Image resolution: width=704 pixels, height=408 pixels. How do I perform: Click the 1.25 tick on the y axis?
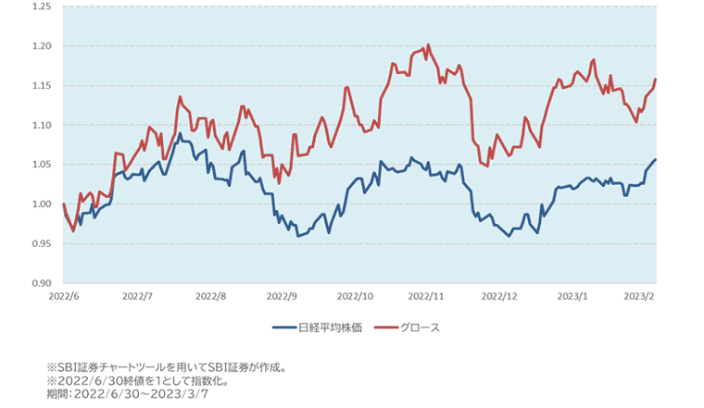41,6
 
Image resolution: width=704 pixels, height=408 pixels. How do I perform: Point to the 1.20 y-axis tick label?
41,46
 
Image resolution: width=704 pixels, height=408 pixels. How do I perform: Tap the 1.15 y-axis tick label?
41,86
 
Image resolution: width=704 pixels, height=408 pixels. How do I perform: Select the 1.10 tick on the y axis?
41,125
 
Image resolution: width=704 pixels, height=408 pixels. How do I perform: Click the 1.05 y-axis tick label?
41,165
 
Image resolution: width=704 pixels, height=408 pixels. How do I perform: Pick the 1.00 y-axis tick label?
41,204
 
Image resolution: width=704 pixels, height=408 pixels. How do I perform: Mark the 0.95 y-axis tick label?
41,243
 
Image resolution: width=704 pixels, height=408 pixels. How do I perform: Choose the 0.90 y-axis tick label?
41,283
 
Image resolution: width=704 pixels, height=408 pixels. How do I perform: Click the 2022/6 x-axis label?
63,297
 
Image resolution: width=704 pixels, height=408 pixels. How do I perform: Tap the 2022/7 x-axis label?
137,297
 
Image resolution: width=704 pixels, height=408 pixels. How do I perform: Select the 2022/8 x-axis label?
210,297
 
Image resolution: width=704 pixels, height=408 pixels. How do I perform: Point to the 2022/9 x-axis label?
282,297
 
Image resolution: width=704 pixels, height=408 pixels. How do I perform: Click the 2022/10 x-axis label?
355,297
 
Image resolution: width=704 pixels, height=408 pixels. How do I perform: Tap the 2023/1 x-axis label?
572,297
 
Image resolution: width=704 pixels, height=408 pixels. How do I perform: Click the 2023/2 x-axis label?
638,297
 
